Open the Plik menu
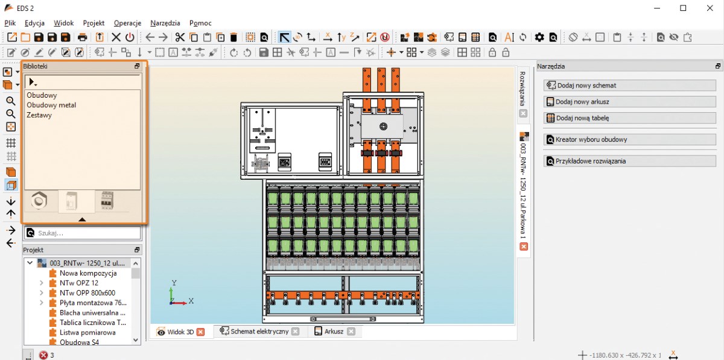pyautogui.click(x=10, y=23)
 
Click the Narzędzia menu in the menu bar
pyautogui.click(x=165, y=23)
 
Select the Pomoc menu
pyautogui.click(x=200, y=23)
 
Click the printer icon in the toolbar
pyautogui.click(x=83, y=37)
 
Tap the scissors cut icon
pyautogui.click(x=180, y=37)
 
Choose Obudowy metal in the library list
pyautogui.click(x=51, y=105)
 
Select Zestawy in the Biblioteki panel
pyautogui.click(x=39, y=115)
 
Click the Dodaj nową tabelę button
pyautogui.click(x=630, y=118)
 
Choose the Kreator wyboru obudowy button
pyautogui.click(x=630, y=140)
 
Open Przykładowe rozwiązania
pyautogui.click(x=630, y=161)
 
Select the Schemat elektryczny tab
pyautogui.click(x=259, y=331)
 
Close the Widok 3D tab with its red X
pyautogui.click(x=201, y=332)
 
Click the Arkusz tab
pyautogui.click(x=334, y=331)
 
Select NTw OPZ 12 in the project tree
pyautogui.click(x=79, y=283)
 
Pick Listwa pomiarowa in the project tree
pyautogui.click(x=87, y=332)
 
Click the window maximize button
pyautogui.click(x=683, y=8)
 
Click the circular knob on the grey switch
pyautogui.click(x=383, y=127)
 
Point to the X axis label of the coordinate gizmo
pyautogui.click(x=191, y=301)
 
